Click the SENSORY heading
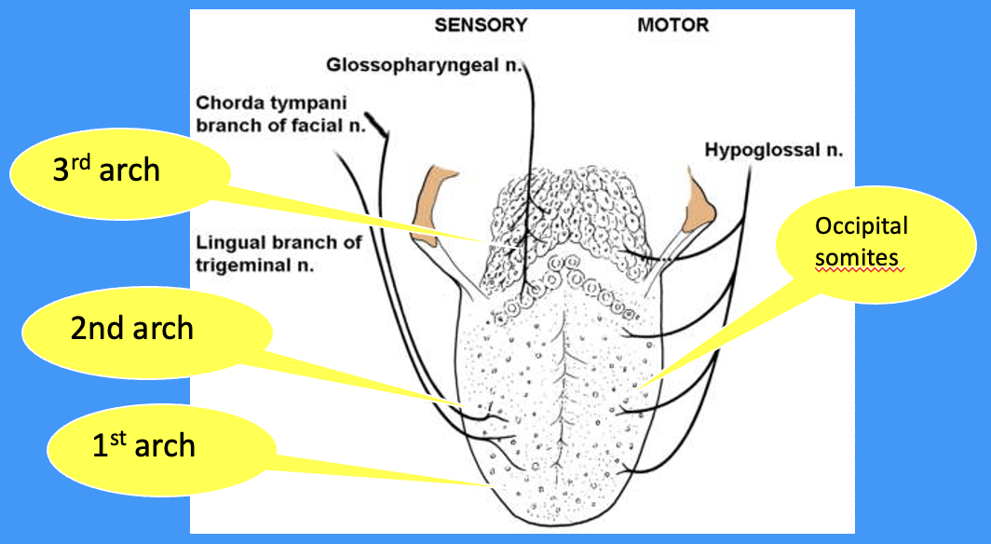pyautogui.click(x=481, y=25)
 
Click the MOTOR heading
pyautogui.click(x=672, y=25)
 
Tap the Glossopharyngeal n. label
pyautogui.click(x=426, y=65)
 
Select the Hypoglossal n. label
pyautogui.click(x=774, y=149)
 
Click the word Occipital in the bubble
pyautogui.click(x=861, y=227)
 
